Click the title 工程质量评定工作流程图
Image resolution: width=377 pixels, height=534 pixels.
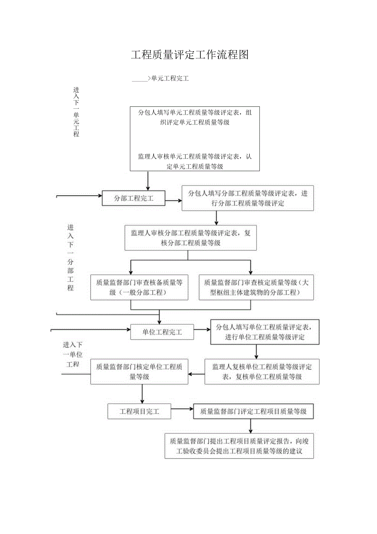pos(190,55)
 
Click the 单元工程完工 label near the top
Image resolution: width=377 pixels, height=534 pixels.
pos(170,78)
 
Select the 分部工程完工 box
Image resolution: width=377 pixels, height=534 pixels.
pos(133,199)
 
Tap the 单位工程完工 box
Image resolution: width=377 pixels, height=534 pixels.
pos(162,332)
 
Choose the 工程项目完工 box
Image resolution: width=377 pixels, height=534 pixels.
pos(139,411)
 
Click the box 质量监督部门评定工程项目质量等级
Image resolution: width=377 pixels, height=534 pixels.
pos(253,411)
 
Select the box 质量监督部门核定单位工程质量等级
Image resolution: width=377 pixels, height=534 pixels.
pos(139,372)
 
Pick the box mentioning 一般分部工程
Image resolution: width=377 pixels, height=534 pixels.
pos(139,287)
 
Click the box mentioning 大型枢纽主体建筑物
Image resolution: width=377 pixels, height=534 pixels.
pos(256,287)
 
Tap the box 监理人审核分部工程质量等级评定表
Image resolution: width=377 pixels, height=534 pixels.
pos(191,238)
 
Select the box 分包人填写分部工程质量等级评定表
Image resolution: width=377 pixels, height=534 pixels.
pos(248,198)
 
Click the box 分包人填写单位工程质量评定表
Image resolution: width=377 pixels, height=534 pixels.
pos(265,332)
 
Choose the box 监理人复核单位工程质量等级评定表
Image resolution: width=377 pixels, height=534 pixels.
pos(262,372)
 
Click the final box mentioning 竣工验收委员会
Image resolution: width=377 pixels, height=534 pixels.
pos(239,446)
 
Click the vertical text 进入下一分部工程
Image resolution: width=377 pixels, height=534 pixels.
pos(70,257)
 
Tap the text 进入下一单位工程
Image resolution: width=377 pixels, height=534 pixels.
pos(73,354)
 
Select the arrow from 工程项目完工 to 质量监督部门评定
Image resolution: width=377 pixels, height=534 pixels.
pos(182,409)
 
